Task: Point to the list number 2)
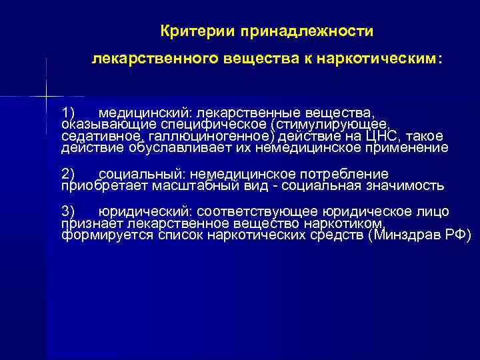[69, 173]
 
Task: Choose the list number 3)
[69, 211]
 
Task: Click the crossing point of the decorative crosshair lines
[47, 97]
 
